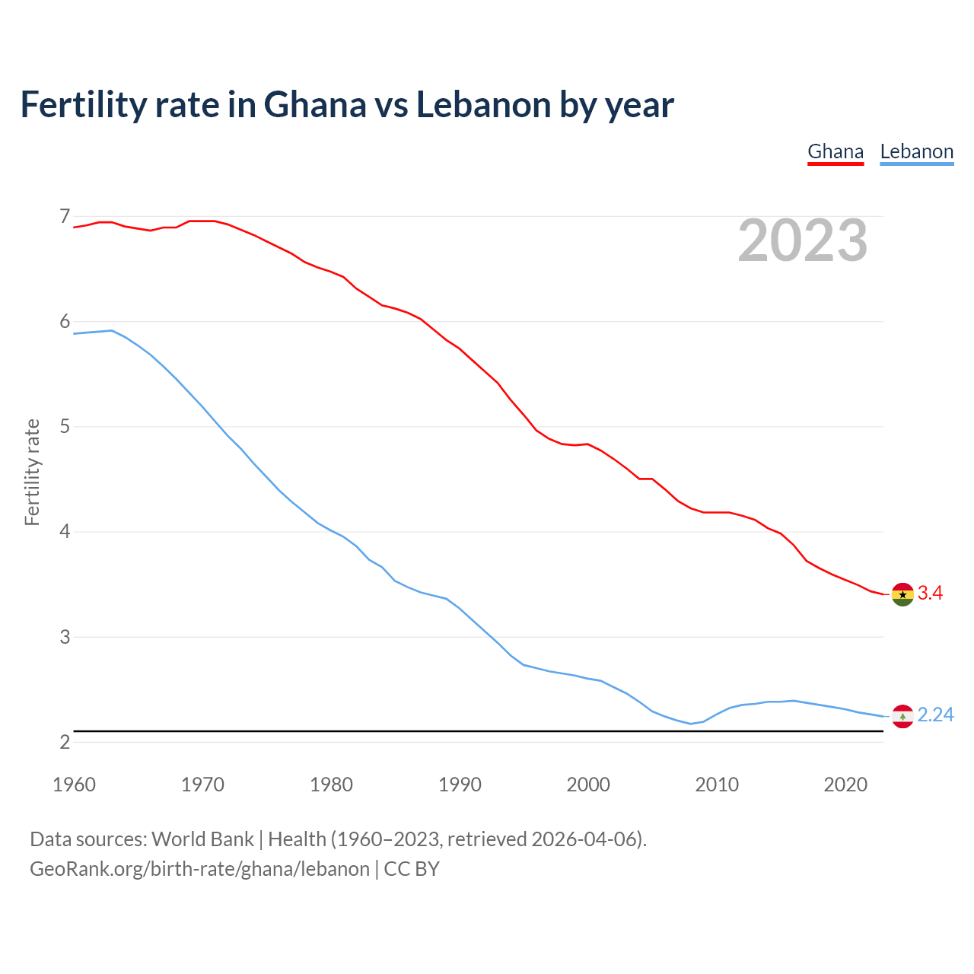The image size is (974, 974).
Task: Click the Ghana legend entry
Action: [836, 151]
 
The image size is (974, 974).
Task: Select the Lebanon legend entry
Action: [916, 151]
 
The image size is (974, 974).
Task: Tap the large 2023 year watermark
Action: [803, 240]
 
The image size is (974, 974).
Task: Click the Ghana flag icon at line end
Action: [902, 594]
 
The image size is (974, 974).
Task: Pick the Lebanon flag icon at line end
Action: [902, 716]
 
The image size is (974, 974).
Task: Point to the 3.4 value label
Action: [930, 594]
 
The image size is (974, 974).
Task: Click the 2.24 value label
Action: [935, 715]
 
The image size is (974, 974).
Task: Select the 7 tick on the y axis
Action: [65, 217]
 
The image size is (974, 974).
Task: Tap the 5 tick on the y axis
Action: [65, 427]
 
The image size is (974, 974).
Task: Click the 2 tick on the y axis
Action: [65, 742]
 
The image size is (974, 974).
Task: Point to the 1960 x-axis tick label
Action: [74, 785]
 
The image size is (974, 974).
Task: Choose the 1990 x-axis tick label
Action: [460, 785]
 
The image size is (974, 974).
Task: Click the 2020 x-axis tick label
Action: [845, 785]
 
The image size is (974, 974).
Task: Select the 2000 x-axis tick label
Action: [588, 785]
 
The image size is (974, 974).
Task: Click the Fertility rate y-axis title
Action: [32, 472]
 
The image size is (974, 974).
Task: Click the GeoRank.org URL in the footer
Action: [199, 869]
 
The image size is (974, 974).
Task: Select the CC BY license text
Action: [412, 869]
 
